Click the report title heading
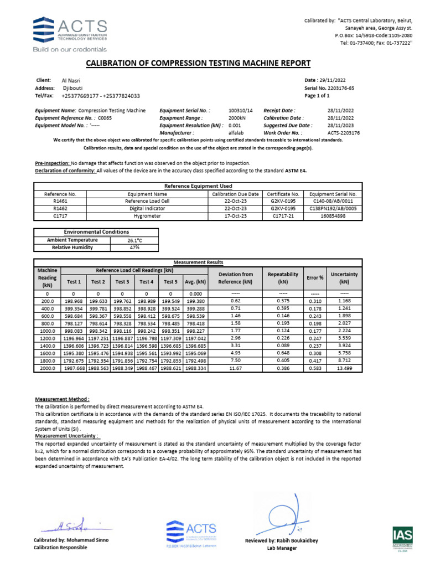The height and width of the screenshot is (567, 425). (x=212, y=64)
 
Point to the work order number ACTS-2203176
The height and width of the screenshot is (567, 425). (x=343, y=133)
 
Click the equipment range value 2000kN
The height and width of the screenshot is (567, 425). (x=238, y=118)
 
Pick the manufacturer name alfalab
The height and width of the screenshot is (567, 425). (x=236, y=133)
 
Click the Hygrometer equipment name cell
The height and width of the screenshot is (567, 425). (x=147, y=217)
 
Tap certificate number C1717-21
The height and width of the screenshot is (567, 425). (x=283, y=217)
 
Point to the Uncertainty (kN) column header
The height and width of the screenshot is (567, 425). (x=344, y=277)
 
